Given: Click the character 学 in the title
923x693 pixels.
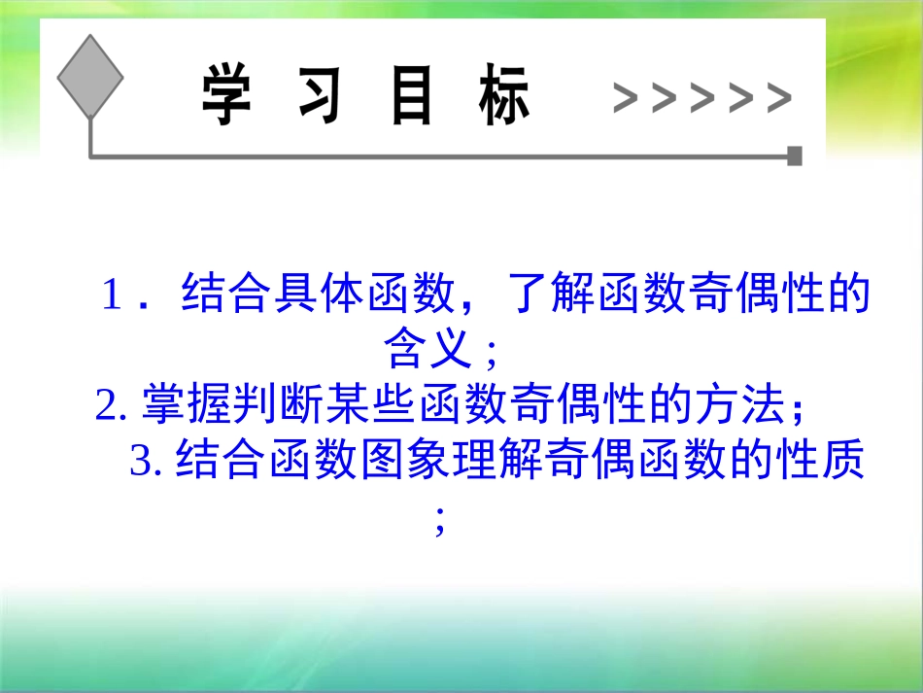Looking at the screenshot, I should click(226, 96).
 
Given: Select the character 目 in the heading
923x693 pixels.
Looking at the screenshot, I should click(411, 96).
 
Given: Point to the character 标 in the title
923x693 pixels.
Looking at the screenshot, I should click(504, 96).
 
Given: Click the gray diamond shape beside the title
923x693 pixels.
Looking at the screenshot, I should click(90, 77).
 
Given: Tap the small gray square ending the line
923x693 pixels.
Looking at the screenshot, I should click(795, 156).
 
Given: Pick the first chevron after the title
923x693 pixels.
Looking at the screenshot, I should click(627, 98).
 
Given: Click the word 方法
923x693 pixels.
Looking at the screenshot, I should click(736, 404).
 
